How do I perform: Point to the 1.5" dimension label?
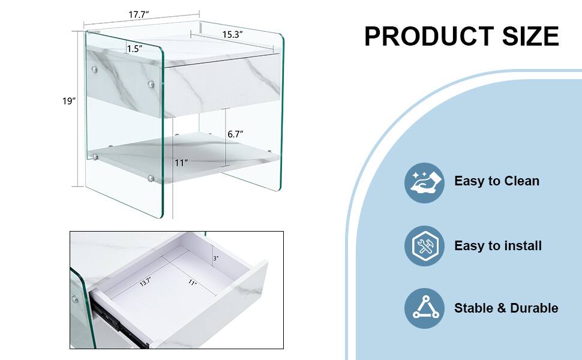point(134,49)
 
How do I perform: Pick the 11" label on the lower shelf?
point(182,163)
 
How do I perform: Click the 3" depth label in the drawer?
point(216,258)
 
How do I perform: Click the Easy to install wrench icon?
point(424,246)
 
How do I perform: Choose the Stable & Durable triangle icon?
point(424,308)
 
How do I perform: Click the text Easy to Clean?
point(497,181)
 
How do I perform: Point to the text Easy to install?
point(498,245)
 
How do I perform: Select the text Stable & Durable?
point(506,308)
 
